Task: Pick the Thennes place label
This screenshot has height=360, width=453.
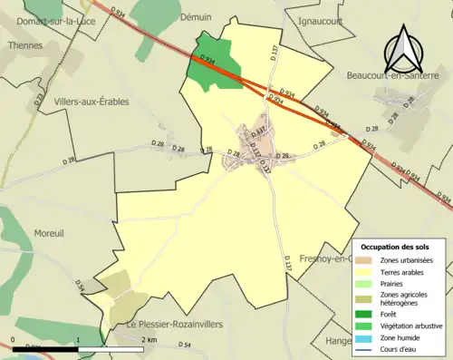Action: coord(24,44)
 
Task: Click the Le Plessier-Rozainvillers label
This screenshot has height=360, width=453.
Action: coord(174,324)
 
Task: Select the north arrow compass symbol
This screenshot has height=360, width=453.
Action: coord(401,49)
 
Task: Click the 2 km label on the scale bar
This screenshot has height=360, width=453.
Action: coord(150,338)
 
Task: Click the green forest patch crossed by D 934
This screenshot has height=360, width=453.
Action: coord(212,64)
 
